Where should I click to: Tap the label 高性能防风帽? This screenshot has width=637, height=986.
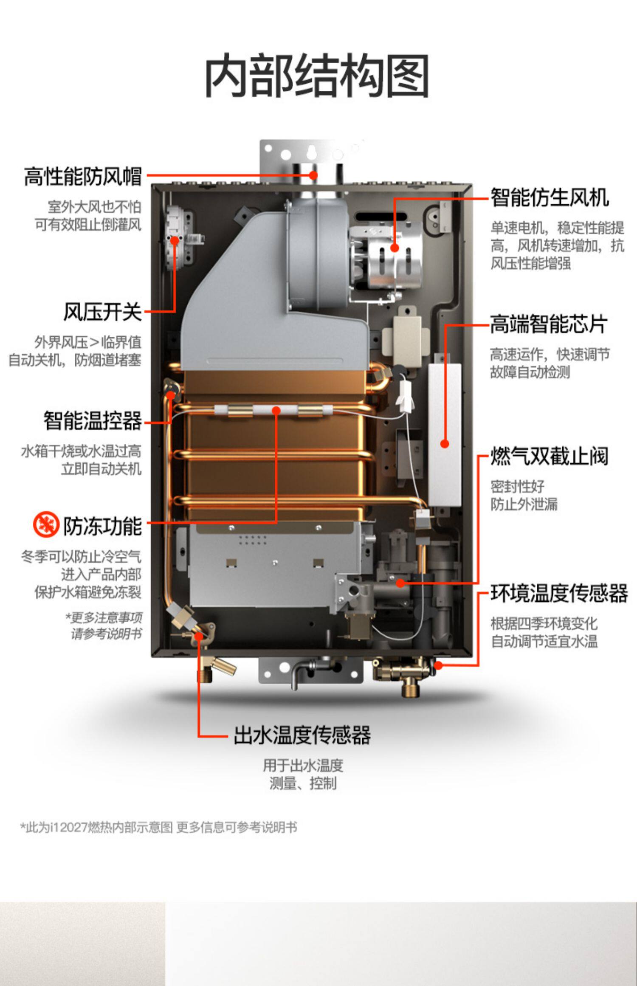coord(82,176)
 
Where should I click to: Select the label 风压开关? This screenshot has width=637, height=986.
coord(102,312)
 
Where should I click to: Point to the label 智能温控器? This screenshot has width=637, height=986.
coord(92,421)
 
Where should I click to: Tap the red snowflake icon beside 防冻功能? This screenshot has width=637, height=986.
coord(46,524)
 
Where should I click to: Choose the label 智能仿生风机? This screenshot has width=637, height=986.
coord(550,197)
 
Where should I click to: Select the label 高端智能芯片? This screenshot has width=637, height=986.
coord(549,324)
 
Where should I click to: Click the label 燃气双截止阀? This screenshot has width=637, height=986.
coord(550,456)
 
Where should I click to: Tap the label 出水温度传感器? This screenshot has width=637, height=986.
coord(302,735)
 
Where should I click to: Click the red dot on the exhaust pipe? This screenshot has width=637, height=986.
coord(313,175)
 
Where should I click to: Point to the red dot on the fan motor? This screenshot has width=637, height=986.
coord(395,248)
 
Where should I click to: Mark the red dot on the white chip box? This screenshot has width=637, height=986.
coord(445,444)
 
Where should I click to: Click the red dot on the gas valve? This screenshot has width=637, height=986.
coord(400,583)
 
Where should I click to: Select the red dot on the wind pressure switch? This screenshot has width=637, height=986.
coord(175,241)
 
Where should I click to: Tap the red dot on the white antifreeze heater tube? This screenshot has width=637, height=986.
coord(276,410)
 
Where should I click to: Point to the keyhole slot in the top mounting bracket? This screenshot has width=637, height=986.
coord(311,151)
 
